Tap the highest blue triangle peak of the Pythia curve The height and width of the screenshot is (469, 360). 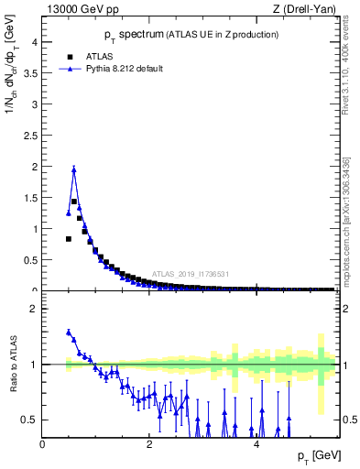coord(74,169)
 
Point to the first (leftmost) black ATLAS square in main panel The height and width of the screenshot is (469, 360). coord(69,238)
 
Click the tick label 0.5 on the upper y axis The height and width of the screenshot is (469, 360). coord(27,260)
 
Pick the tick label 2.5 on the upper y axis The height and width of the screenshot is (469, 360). coord(27,136)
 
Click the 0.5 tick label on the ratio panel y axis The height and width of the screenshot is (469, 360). coord(27,420)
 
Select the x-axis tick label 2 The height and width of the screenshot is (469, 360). coord(149,443)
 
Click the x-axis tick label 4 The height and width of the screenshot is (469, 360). coord(256,443)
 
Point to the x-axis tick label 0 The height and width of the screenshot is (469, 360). coord(42,443)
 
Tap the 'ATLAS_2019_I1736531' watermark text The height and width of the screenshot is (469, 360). coord(191,274)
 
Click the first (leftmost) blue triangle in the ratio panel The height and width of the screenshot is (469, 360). coord(69,333)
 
